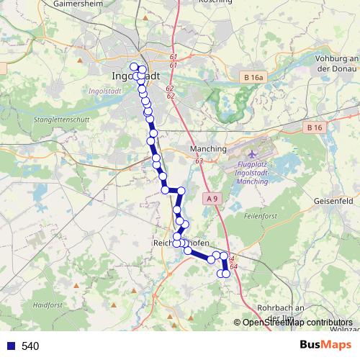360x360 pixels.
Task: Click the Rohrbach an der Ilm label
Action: pyautogui.click(x=287, y=310)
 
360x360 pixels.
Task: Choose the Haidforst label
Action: pyautogui.click(x=48, y=305)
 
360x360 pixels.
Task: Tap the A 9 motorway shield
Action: pyautogui.click(x=211, y=198)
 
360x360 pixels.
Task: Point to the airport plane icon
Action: pyautogui.click(x=251, y=155)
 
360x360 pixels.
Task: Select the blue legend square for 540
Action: pyautogui.click(x=9, y=346)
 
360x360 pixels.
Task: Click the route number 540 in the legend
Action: pyautogui.click(x=30, y=346)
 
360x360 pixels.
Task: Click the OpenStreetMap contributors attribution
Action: pyautogui.click(x=296, y=323)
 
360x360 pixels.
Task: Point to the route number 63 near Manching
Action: pyautogui.click(x=199, y=161)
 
